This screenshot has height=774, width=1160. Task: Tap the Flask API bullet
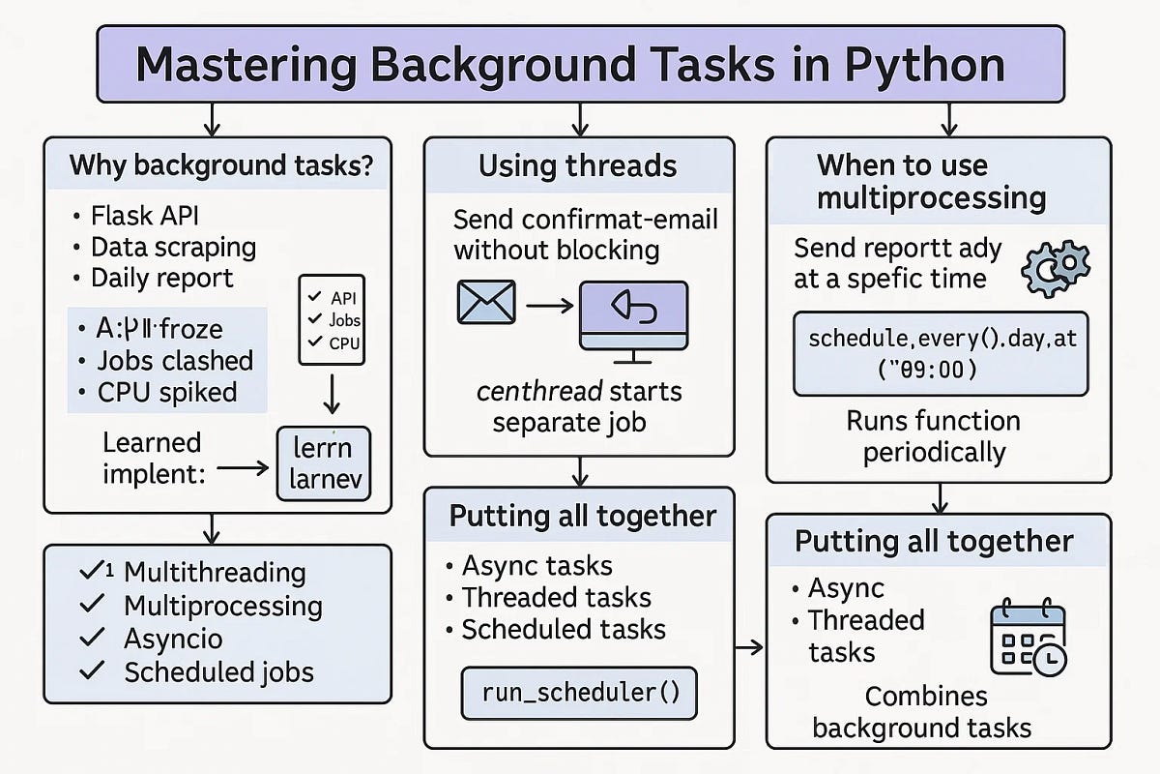click(145, 216)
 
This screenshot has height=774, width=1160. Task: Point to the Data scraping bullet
click(172, 247)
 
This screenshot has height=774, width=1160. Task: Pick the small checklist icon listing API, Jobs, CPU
click(332, 319)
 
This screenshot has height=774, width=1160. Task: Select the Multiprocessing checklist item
click(222, 607)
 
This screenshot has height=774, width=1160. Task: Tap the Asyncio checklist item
click(173, 639)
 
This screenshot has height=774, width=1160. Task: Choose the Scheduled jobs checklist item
click(218, 671)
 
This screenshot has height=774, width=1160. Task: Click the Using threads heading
click(578, 165)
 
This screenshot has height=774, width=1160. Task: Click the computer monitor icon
click(632, 314)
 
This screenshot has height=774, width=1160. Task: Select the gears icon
click(1055, 265)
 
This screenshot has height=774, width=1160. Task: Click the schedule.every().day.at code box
click(940, 353)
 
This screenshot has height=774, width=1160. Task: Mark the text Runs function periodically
click(933, 436)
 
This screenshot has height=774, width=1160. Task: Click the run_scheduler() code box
click(578, 693)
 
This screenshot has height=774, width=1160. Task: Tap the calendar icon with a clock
click(1029, 640)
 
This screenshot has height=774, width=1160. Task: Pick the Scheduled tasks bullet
click(563, 630)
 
